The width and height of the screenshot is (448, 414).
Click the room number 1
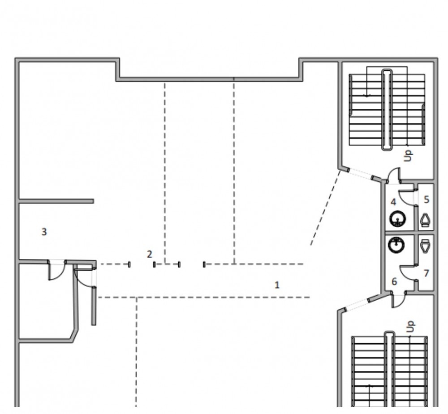276,285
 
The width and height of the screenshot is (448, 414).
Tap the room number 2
150,254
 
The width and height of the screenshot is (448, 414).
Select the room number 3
44,232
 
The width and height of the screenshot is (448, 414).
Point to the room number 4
393,202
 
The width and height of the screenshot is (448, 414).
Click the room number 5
426,199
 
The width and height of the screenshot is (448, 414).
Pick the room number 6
394,281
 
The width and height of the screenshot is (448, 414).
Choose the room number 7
426,273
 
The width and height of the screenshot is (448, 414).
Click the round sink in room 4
397,219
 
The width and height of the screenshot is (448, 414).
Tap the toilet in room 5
426,220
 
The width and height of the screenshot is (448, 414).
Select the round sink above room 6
396,245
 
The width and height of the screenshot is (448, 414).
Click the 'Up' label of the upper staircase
409,156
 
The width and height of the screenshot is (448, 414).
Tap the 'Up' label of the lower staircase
410,327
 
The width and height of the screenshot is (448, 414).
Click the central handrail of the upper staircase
387,109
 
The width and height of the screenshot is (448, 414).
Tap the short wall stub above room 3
56,201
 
